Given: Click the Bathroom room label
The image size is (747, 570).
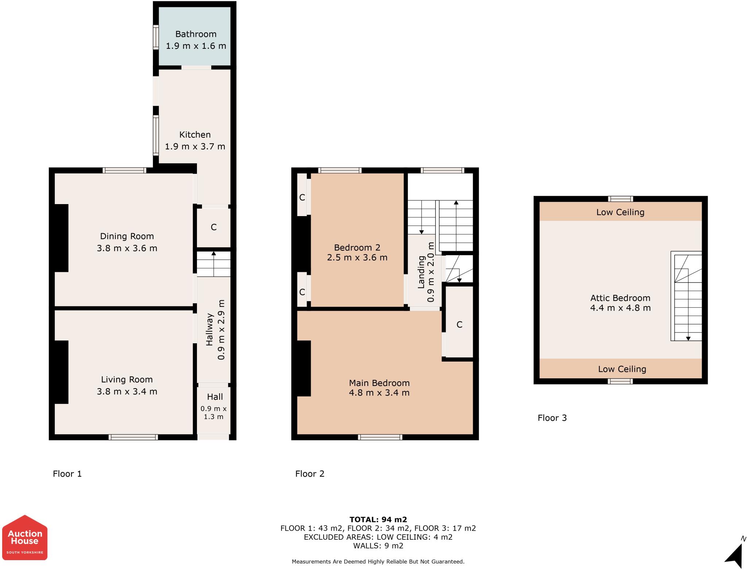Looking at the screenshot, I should [196, 34].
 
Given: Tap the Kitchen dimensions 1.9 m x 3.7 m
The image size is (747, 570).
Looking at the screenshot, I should [195, 147].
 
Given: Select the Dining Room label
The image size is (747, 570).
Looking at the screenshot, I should [127, 236].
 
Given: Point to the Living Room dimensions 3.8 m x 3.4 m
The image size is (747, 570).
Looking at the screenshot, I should [127, 391].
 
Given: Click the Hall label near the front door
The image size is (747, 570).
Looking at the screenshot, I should [215, 397].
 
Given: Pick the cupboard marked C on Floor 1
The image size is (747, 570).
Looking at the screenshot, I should [214, 227].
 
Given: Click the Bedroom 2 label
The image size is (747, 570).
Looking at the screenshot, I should [357, 247].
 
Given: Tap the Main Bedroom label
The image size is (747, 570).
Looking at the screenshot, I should [379, 383].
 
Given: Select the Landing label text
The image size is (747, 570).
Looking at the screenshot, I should [422, 272].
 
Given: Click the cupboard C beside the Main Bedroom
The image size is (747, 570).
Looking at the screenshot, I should [460, 324].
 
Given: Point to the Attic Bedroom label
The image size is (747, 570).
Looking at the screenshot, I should [620, 298].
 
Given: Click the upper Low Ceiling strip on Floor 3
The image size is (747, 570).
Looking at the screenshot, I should [620, 212].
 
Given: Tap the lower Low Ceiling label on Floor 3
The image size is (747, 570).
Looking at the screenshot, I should [622, 369].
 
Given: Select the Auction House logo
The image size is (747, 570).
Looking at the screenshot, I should [25, 538].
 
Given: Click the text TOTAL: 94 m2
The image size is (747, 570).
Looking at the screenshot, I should [378, 519].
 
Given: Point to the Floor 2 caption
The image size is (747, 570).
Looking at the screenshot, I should [310, 473].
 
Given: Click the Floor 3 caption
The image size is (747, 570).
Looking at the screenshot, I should [552, 418].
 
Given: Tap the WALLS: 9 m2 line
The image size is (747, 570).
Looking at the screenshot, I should [378, 546].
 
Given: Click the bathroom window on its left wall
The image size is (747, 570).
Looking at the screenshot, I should [156, 37].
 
